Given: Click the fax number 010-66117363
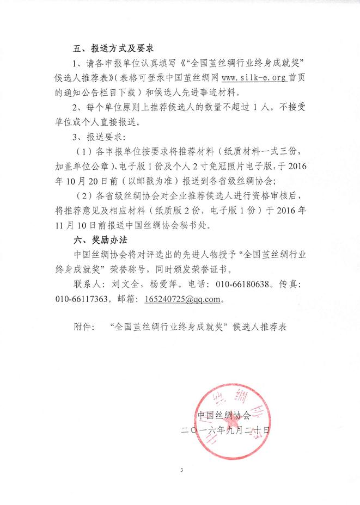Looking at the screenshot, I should pos(78,299).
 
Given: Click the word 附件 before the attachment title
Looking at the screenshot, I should pos(82,328).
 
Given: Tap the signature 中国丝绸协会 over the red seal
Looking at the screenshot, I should pos(224,415).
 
